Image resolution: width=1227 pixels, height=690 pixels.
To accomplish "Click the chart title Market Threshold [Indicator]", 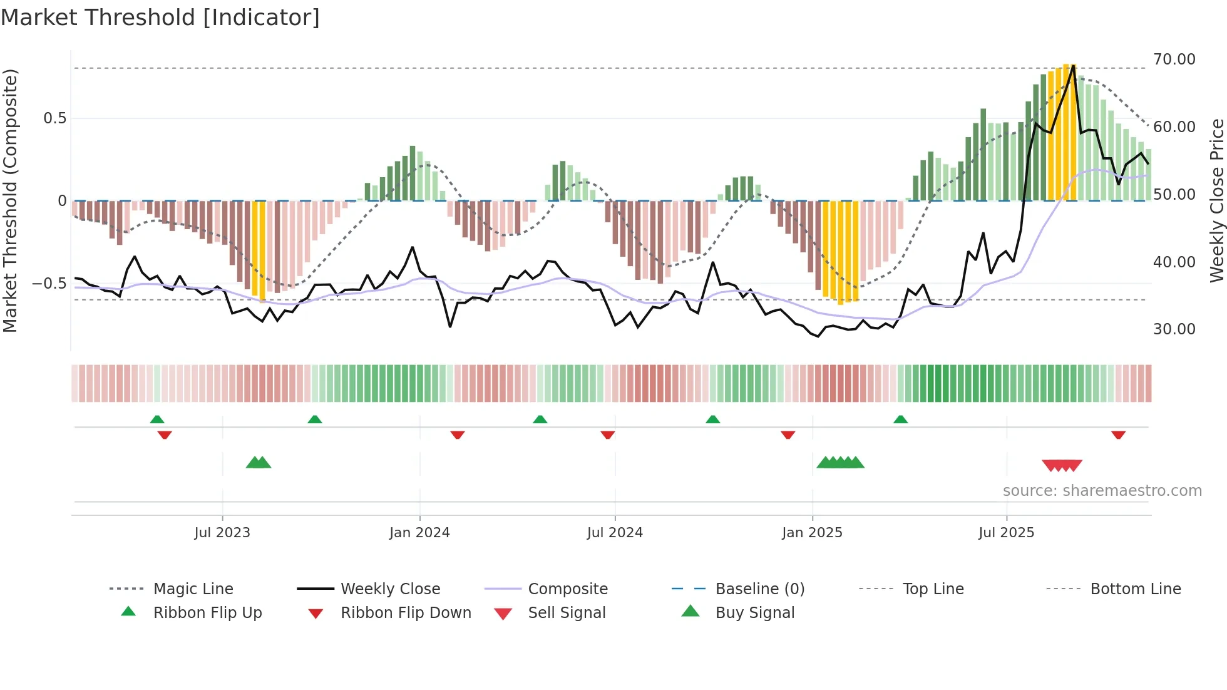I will pyautogui.click(x=160, y=18).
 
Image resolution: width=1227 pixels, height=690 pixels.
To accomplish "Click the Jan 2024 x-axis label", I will pyautogui.click(x=419, y=532).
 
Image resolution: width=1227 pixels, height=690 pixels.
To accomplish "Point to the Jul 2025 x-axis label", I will pyautogui.click(x=1006, y=532).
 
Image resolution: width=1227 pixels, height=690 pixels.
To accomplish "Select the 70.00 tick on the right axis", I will pyautogui.click(x=1174, y=59).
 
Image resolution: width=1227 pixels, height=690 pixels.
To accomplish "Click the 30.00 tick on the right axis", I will pyautogui.click(x=1174, y=329).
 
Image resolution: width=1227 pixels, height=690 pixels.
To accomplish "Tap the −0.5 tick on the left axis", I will pyautogui.click(x=49, y=283).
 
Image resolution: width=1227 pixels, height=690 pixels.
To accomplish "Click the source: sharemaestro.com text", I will pyautogui.click(x=1102, y=490).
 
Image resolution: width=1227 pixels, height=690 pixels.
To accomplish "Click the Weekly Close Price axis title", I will pyautogui.click(x=1216, y=200).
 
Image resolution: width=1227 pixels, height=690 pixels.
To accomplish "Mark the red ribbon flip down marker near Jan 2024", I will pyautogui.click(x=458, y=435).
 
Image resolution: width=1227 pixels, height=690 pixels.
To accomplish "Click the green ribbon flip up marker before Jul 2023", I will pyautogui.click(x=157, y=420).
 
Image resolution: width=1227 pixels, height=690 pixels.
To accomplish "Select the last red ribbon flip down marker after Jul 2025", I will pyautogui.click(x=1118, y=435).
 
